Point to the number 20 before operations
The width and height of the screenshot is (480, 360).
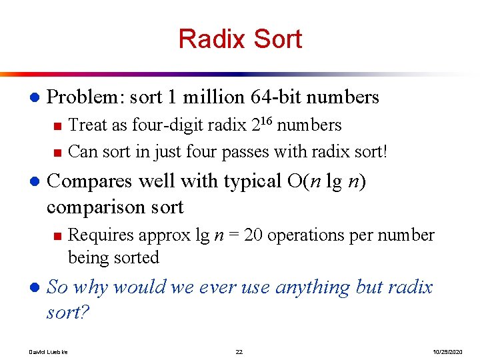point(253,235)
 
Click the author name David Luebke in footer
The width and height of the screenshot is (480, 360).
point(49,351)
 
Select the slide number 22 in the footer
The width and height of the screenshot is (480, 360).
point(239,351)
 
